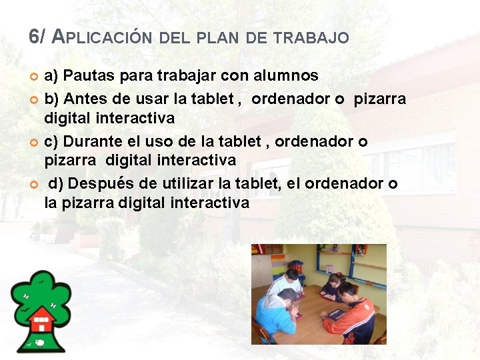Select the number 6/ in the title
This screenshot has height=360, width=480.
pos(37,37)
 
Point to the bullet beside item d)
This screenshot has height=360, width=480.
pos(34,184)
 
